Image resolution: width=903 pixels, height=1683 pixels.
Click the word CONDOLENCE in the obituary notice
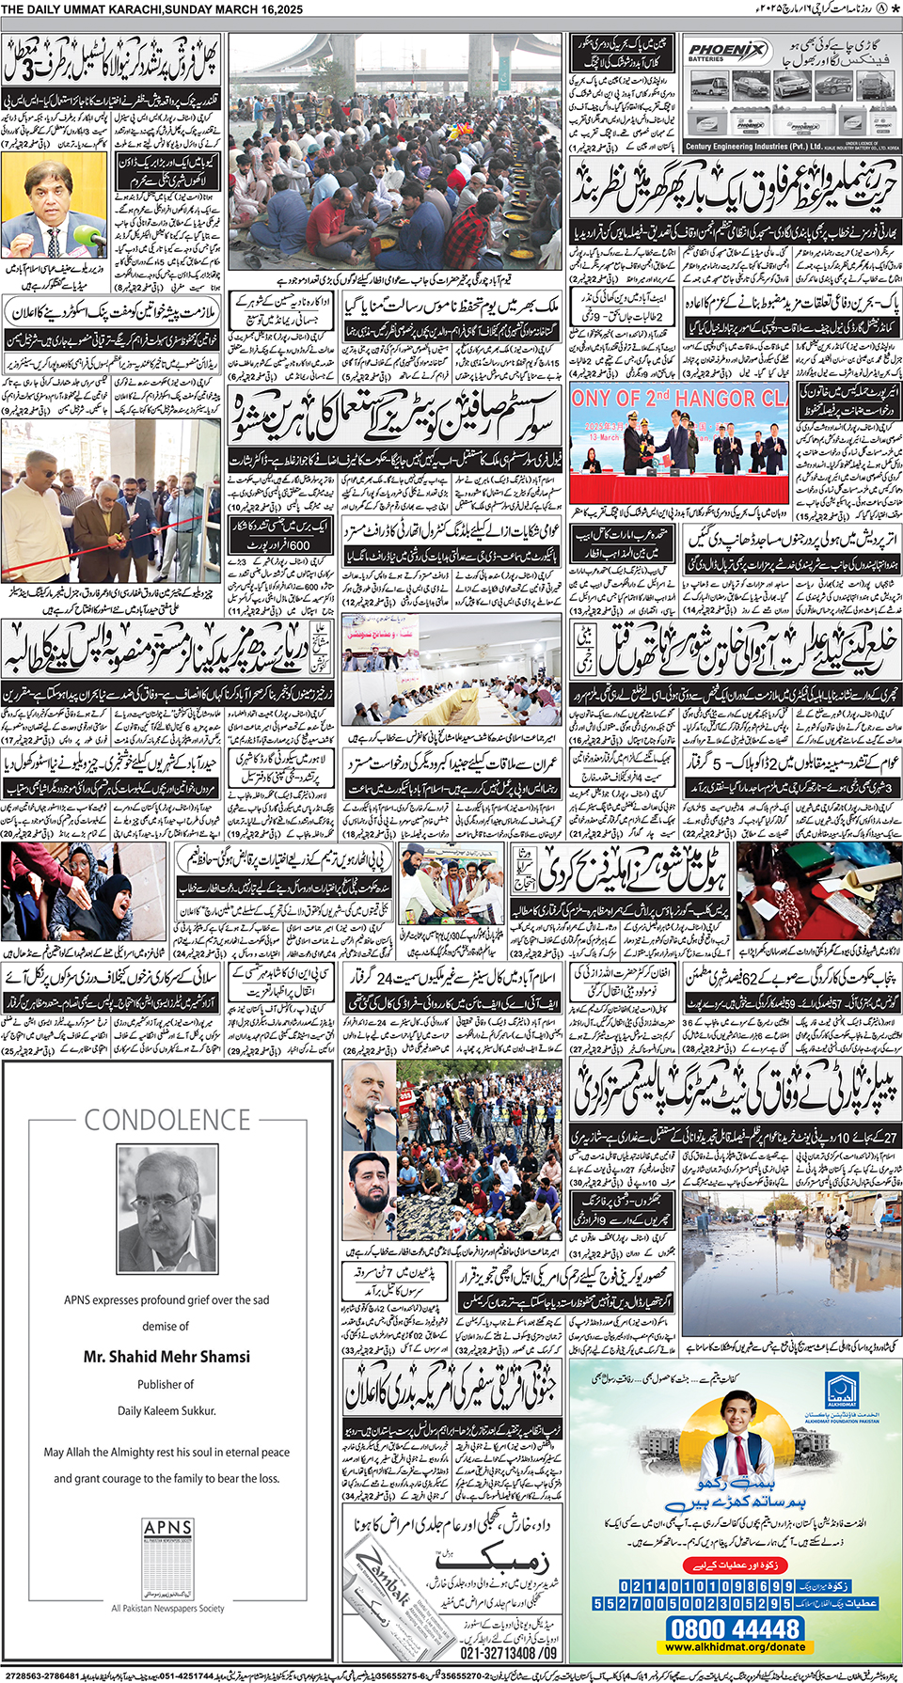167,1120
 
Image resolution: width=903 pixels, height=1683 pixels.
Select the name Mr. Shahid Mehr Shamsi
166,1356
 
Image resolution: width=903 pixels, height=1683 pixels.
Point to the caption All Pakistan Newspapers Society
167,1608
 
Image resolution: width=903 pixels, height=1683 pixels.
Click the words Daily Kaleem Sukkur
166,1410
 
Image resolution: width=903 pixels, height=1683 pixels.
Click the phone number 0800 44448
735,1628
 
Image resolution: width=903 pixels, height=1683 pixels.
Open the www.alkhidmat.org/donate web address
735,1646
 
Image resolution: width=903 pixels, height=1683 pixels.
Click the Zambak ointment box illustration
396,1598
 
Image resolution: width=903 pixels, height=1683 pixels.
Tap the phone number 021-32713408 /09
508,1652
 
